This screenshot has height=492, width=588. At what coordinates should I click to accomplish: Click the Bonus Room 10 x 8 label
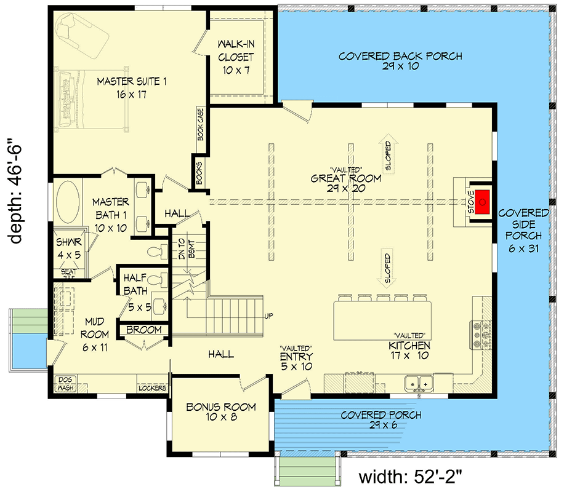coord(212,411)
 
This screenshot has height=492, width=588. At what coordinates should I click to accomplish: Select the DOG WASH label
coord(65,384)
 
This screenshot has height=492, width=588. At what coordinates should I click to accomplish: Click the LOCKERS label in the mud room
coord(152,389)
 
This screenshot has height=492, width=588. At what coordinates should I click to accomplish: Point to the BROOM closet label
coord(143,330)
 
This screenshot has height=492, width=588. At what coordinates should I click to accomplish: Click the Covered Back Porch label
coord(400,61)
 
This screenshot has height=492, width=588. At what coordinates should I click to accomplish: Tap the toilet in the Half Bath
coord(159,280)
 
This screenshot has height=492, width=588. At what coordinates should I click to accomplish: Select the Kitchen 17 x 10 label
coord(409,350)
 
